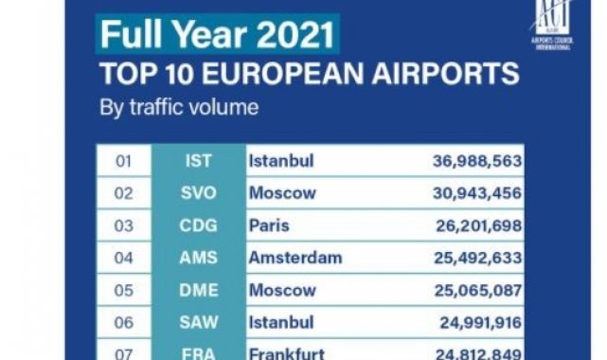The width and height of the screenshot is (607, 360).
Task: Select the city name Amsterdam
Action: [x=295, y=256]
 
